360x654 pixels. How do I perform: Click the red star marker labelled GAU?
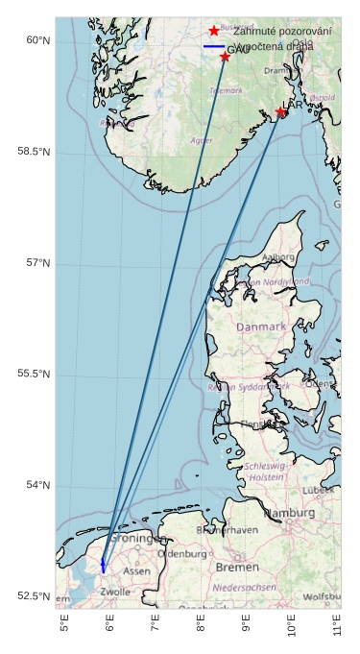[x=225, y=57]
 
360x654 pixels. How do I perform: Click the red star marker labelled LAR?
[x=280, y=112]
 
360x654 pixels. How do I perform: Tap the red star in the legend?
[x=214, y=31]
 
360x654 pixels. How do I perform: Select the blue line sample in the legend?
[x=214, y=46]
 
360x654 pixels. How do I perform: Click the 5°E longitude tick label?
[x=64, y=625]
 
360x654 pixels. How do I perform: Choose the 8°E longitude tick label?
[x=201, y=625]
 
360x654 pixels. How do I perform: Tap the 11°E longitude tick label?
[x=337, y=625]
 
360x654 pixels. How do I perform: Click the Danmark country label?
[x=261, y=327]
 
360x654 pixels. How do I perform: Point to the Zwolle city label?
[x=115, y=593]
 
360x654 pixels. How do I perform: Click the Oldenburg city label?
[x=181, y=554]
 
